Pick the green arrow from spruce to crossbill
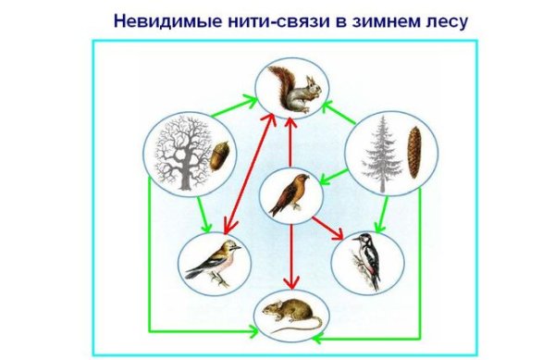[333, 178]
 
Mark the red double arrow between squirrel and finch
[248, 176]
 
